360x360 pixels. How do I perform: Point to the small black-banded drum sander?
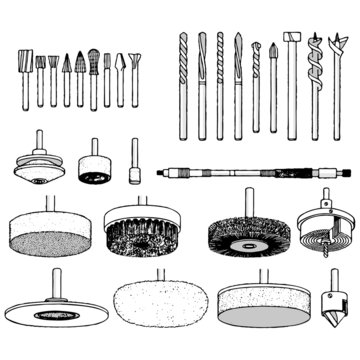coord(95,171)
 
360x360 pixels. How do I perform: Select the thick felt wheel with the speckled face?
coord(47,234)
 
